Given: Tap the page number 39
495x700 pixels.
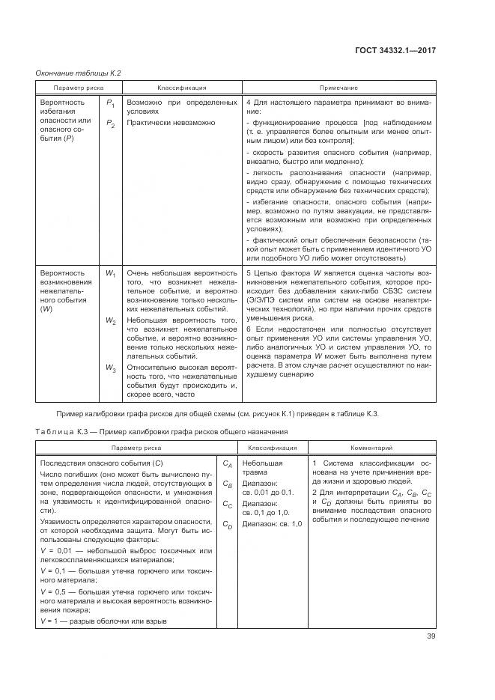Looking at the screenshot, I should pyautogui.click(x=431, y=636).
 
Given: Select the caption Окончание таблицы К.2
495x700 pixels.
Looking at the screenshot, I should pyautogui.click(x=79, y=73).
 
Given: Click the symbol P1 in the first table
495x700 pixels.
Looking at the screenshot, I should pyautogui.click(x=110, y=101).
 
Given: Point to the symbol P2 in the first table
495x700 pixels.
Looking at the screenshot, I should pyautogui.click(x=110, y=124).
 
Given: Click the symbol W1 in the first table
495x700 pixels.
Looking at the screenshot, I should pyautogui.click(x=110, y=274).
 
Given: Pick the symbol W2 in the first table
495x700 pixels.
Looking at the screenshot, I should pyautogui.click(x=110, y=320).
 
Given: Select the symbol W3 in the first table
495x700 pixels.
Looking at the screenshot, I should pyautogui.click(x=110, y=368).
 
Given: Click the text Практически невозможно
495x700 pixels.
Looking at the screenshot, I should pyautogui.click(x=171, y=122).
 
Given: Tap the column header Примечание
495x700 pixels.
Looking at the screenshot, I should pyautogui.click(x=340, y=87).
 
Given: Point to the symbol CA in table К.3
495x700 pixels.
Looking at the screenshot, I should pyautogui.click(x=227, y=465).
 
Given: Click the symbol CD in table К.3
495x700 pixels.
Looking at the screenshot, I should pyautogui.click(x=227, y=527).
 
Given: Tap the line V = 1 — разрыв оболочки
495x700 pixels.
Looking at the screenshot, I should pyautogui.click(x=103, y=621).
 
